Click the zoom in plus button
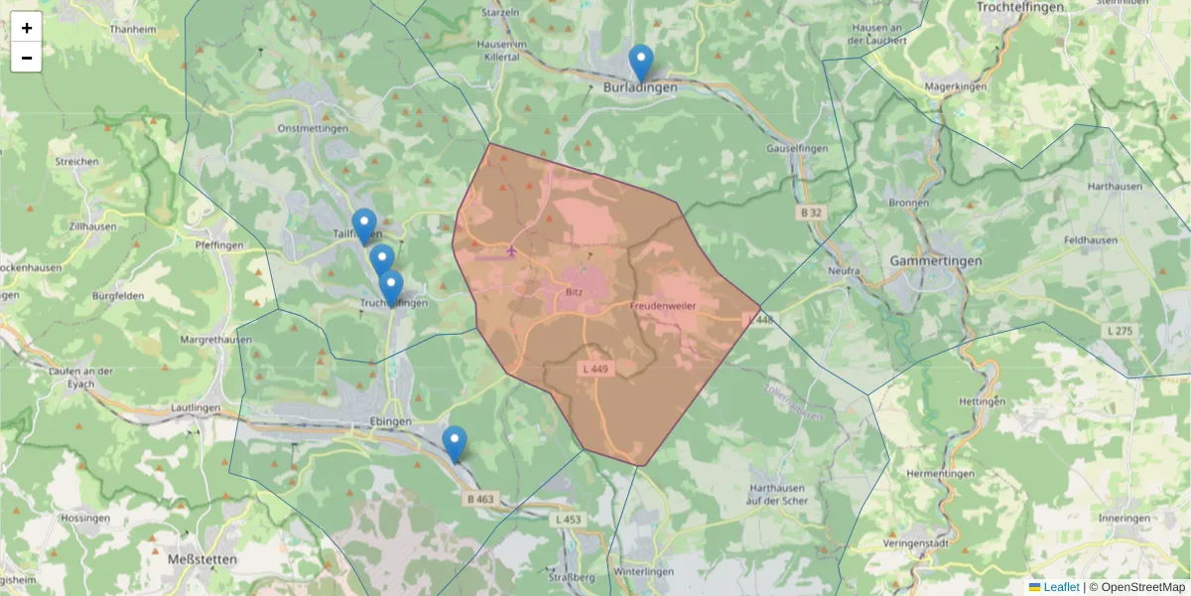click(x=27, y=28)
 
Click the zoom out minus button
click(x=27, y=58)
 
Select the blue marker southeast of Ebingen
click(x=455, y=444)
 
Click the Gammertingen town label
click(x=935, y=261)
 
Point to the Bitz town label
click(x=574, y=293)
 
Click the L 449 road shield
click(x=595, y=369)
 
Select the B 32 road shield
click(x=811, y=213)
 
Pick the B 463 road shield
click(x=479, y=499)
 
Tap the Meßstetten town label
click(x=201, y=559)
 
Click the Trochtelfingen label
click(x=1021, y=7)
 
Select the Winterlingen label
click(x=643, y=572)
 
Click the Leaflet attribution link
click(x=1061, y=587)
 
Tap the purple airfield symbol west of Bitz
click(x=511, y=250)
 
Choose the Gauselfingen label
click(x=797, y=148)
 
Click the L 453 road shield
click(x=569, y=520)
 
